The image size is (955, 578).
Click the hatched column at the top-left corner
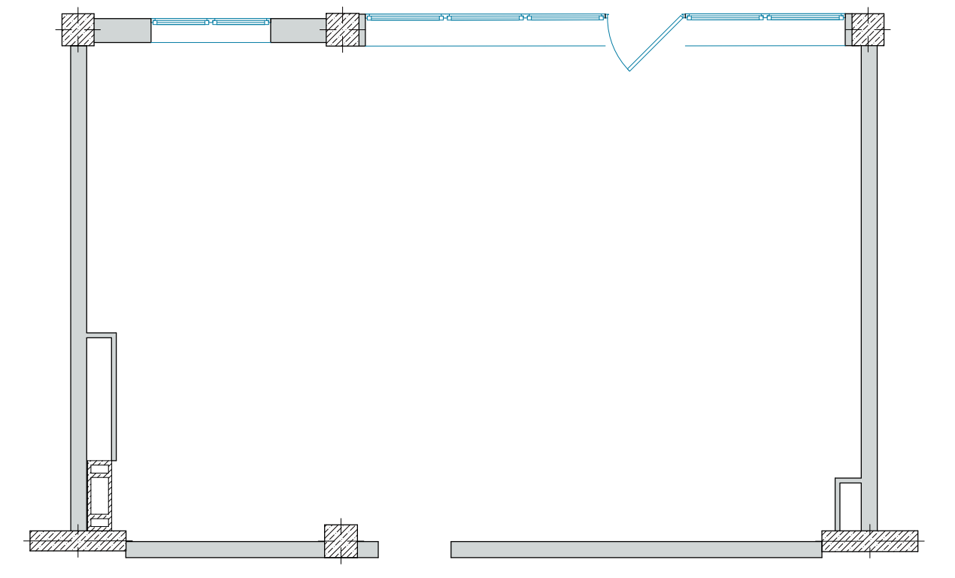click(77, 30)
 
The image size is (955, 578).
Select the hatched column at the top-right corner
click(867, 30)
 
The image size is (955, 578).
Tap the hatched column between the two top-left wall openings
click(342, 30)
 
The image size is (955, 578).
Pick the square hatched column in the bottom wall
click(341, 541)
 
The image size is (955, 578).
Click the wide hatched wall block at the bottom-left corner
click(77, 541)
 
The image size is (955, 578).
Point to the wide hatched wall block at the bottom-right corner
click(869, 541)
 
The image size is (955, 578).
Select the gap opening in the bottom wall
click(414, 549)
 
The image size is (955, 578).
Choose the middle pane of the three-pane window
click(485, 17)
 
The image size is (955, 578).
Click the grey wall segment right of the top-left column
click(123, 31)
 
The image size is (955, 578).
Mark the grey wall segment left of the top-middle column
click(298, 31)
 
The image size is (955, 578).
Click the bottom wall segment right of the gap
click(635, 549)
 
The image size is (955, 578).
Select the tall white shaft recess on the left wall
click(99, 398)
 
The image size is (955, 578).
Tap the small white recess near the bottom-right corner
click(850, 507)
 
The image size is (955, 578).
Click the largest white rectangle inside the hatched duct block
click(99, 495)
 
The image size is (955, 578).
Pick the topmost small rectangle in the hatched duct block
click(99, 470)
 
